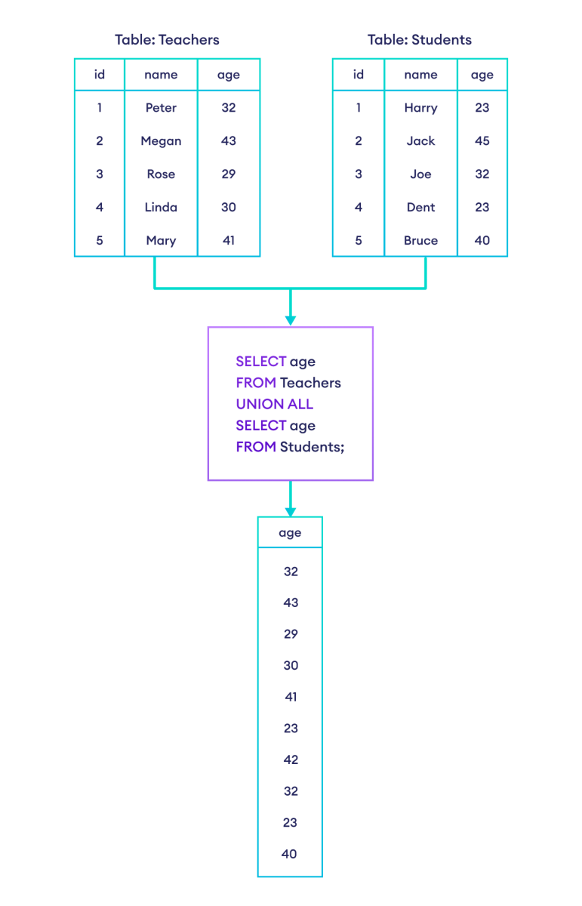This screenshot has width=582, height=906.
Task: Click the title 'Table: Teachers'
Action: tap(167, 39)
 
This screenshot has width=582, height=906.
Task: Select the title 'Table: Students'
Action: tap(419, 39)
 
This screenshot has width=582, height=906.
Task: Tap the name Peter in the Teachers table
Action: tap(161, 108)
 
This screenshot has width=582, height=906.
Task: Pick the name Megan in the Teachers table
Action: tap(161, 141)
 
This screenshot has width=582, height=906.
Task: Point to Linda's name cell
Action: tap(161, 208)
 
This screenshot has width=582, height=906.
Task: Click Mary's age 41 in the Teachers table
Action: tap(229, 241)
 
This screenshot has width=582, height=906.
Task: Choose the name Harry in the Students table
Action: tap(420, 108)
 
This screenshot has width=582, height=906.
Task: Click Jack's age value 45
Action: tap(482, 141)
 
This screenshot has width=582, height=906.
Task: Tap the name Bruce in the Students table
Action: tap(420, 241)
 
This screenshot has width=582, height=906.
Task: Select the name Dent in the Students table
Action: tap(420, 208)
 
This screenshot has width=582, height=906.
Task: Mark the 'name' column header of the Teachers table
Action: tap(161, 75)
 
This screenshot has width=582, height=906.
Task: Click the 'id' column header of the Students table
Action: tap(359, 75)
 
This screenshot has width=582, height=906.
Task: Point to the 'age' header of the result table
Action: tap(290, 533)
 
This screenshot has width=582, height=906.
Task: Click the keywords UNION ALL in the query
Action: tap(274, 404)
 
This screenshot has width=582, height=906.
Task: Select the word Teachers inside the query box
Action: tap(310, 383)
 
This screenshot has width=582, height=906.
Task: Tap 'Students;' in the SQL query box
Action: tap(312, 447)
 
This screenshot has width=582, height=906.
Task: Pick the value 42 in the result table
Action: tap(290, 760)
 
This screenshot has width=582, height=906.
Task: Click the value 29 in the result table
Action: tap(290, 634)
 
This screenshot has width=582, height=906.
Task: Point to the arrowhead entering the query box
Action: tap(291, 321)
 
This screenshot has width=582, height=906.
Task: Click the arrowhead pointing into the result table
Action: tap(291, 512)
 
